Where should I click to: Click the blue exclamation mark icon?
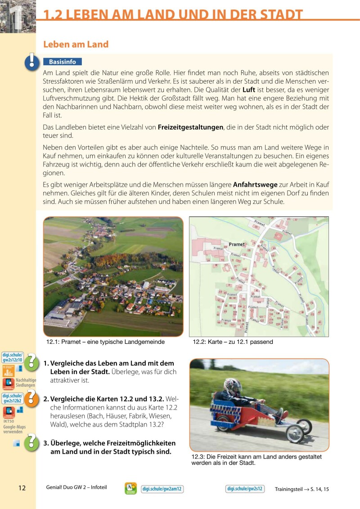(x=31, y=61)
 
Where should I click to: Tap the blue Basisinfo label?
(x=63, y=62)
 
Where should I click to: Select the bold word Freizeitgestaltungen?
(x=190, y=127)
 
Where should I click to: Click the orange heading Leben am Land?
(x=76, y=44)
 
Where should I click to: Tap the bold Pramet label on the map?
(x=237, y=244)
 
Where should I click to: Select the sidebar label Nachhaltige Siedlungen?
(x=26, y=383)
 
